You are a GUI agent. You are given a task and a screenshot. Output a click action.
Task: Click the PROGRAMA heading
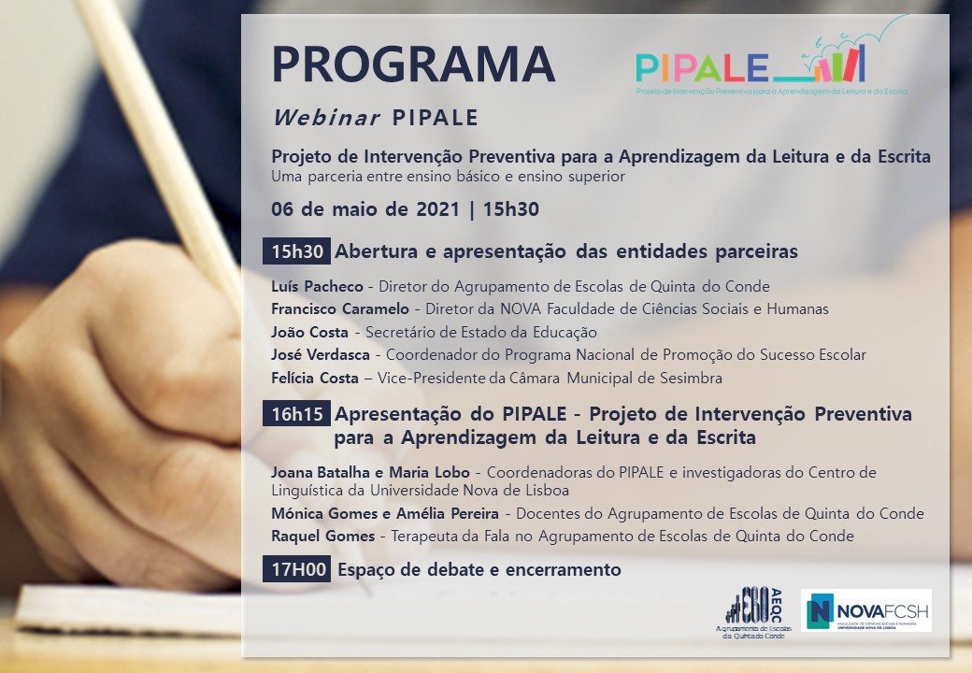pos(413,64)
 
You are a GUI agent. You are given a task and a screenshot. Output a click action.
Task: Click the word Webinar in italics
pos(327,117)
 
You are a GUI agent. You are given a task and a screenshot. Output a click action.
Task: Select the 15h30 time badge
pos(297,251)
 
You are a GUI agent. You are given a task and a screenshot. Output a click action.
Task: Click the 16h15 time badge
pos(297,413)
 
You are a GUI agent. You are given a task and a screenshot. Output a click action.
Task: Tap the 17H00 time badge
pos(297,569)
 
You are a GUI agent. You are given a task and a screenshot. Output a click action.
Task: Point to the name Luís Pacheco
pos(317,286)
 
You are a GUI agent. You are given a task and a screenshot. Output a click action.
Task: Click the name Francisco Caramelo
pos(339,308)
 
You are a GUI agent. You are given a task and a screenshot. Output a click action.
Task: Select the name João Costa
pos(309,332)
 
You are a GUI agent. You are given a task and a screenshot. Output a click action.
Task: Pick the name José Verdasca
pos(320,355)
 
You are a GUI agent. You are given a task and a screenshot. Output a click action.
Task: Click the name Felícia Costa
pos(314,378)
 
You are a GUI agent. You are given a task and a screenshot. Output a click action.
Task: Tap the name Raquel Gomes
pos(323,536)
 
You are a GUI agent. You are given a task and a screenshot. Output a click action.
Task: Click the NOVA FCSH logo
pos(866,610)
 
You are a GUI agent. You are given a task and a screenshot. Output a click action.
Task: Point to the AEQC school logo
pos(754,612)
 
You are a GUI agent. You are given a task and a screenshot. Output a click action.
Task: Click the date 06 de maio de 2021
pos(365,208)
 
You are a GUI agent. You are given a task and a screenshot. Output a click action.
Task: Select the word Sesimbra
pos(692,378)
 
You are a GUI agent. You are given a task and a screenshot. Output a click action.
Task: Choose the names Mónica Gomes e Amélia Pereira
pos(385,513)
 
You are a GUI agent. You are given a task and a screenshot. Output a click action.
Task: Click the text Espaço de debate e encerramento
pos(479,569)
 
